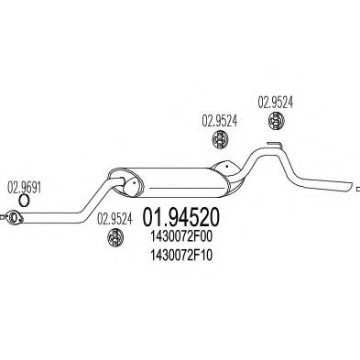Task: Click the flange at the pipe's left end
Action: pyautogui.click(x=14, y=217)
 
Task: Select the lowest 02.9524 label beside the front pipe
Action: pyautogui.click(x=116, y=218)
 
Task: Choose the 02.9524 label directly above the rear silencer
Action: pyautogui.click(x=219, y=119)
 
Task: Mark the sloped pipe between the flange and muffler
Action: pyautogui.click(x=78, y=200)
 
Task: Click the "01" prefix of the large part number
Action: pyautogui.click(x=157, y=219)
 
